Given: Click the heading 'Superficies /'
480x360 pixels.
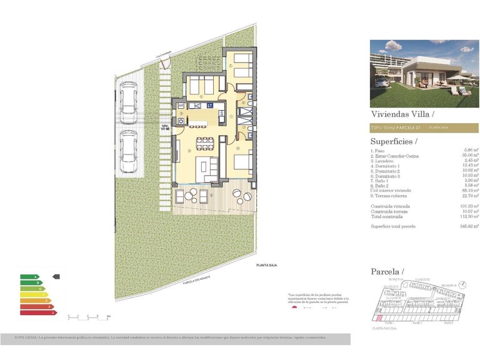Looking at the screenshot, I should (392, 141).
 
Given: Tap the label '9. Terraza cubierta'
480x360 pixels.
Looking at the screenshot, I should (389, 195).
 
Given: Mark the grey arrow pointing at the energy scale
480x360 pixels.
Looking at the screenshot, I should (56, 276).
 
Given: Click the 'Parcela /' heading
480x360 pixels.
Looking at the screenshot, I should (386, 271).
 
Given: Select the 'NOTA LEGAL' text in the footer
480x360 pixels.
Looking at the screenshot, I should (26, 337).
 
